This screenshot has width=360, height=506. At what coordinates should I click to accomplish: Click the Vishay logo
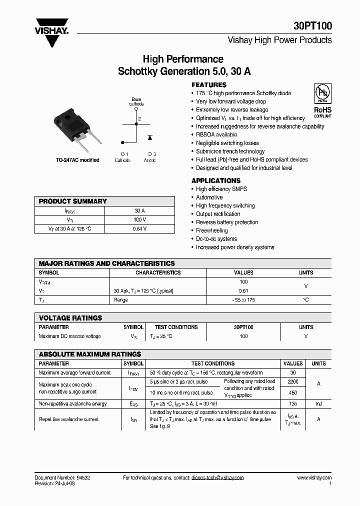pos(51,31)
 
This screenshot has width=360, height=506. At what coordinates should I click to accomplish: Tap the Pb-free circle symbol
pos(322,93)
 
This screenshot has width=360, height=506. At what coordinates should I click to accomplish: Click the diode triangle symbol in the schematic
pos(149,136)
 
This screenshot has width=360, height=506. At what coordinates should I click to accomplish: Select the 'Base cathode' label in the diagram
pos(136,102)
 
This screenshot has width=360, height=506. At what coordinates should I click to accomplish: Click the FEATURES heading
pos(209,85)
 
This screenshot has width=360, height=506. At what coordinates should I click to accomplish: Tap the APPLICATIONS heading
pos(216,180)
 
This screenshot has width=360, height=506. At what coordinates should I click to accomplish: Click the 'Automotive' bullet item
pos(209,197)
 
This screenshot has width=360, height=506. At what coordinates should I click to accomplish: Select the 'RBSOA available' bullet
pos(216,134)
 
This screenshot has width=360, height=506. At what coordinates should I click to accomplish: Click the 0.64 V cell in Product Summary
pos(139,228)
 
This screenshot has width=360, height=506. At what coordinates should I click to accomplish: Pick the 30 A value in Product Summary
pos(139,211)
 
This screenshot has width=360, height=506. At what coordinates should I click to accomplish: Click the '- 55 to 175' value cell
pos(243,300)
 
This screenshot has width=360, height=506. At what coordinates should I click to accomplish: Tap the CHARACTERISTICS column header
pos(158,273)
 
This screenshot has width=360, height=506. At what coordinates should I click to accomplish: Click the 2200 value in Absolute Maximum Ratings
pos(293,381)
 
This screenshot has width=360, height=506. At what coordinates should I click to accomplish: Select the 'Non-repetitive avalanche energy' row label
pos(73,403)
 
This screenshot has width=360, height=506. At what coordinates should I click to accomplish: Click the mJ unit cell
pos(318,403)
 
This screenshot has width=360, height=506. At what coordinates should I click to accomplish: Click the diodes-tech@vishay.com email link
pos(217,478)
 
